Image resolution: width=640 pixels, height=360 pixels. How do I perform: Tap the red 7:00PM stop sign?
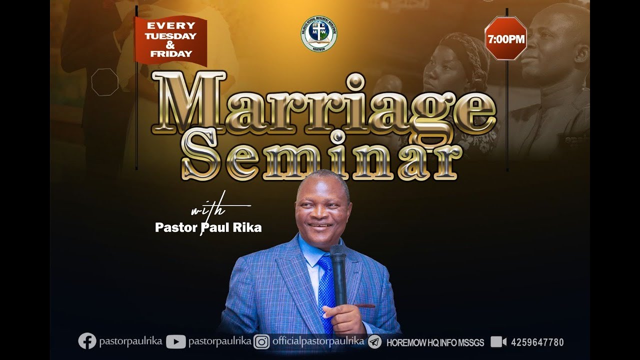coord(505,38)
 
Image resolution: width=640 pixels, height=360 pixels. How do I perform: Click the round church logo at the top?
coord(318,34)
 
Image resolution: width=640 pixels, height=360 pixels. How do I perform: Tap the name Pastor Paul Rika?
coord(208,227)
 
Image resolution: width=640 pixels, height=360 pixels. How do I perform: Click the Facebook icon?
coord(87,341)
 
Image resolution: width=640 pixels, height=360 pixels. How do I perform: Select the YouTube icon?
coord(175,342)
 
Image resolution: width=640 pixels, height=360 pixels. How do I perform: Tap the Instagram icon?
coord(261,342)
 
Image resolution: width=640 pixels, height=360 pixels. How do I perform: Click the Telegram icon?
coord(374,342)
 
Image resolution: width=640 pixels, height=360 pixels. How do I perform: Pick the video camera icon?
coord(498,342)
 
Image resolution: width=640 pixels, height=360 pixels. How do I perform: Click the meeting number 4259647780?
coord(537,342)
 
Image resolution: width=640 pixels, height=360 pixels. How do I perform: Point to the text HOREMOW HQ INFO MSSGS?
coord(435,343)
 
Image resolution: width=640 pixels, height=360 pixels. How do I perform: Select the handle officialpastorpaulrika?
coord(318,341)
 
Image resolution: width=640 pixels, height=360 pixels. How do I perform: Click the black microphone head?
coord(338,254)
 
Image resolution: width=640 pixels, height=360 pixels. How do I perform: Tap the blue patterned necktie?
coord(326,290)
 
